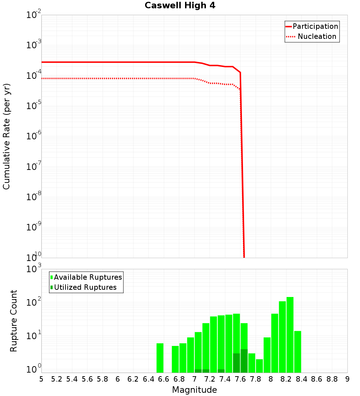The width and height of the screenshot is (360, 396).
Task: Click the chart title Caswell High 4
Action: click(180, 6)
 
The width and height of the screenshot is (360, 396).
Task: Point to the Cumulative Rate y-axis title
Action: click(6, 136)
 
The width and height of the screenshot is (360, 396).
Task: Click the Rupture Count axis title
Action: click(14, 321)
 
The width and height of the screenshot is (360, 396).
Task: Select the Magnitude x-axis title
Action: click(194, 390)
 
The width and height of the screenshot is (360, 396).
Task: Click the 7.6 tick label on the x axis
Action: click(240, 379)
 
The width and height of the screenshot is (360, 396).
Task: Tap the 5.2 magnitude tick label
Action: click(57, 379)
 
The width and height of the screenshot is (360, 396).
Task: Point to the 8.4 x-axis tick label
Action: click(301, 379)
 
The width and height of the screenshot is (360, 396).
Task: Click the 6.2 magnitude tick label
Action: click(133, 379)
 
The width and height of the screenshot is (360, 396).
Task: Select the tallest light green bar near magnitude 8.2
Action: click(290, 335)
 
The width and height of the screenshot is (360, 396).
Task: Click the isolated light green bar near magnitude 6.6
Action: click(160, 358)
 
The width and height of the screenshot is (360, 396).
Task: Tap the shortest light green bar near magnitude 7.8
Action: click(259, 366)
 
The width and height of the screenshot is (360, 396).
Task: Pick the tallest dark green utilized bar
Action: click(244, 361)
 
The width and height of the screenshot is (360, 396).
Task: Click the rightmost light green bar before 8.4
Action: click(297, 352)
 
